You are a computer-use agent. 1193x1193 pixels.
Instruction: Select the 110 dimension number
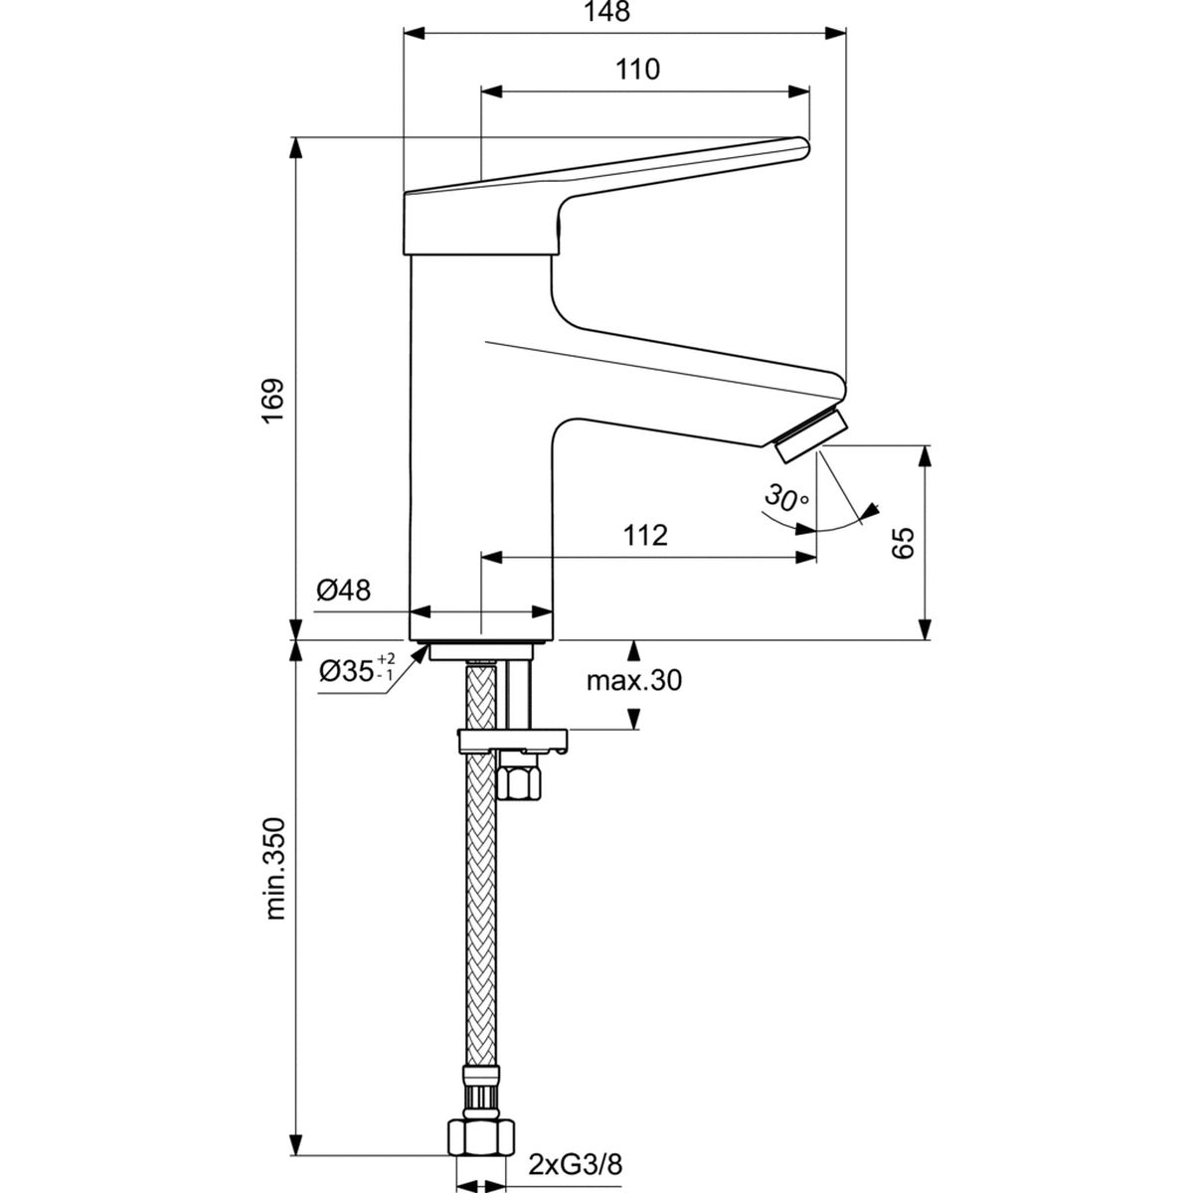coord(637,70)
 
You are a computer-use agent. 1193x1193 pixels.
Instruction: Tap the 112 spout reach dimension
coord(645,535)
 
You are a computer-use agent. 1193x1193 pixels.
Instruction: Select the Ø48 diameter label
coord(344,591)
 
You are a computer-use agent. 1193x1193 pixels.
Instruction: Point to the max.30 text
coord(633,681)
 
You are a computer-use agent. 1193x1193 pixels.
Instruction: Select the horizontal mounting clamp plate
coord(511,740)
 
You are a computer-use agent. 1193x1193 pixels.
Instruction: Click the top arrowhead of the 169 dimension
coord(296,145)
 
